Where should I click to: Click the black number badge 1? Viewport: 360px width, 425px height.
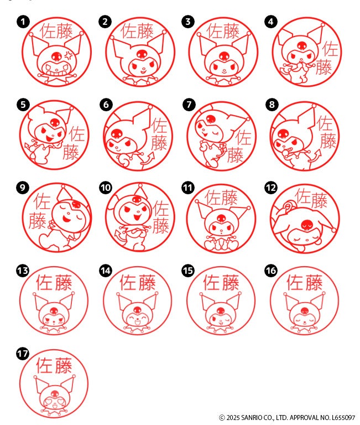[23, 22]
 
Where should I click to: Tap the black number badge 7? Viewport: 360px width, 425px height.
[189, 105]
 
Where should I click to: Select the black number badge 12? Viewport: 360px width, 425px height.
[271, 188]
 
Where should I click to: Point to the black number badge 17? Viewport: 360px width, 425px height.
[23, 354]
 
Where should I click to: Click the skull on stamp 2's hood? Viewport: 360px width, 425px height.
[142, 54]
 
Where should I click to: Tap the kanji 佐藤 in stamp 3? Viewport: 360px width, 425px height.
[223, 31]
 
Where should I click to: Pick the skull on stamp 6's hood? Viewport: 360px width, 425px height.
[117, 133]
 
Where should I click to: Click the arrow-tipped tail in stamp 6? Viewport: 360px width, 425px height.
[147, 160]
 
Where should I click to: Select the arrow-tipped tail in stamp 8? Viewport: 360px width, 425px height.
[314, 157]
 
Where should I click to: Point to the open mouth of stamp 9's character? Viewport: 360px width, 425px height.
[66, 218]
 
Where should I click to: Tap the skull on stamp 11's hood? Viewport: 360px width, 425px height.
[221, 218]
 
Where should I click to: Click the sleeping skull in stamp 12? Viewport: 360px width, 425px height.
[307, 225]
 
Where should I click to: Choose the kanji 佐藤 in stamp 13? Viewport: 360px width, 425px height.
[54, 282]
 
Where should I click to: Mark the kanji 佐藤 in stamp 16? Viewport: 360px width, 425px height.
[305, 282]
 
